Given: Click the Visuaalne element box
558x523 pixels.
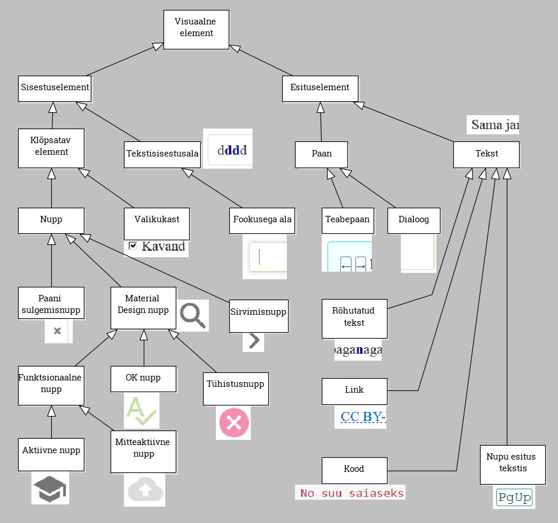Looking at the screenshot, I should (x=196, y=29).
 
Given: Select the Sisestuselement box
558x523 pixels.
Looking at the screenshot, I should (x=55, y=88).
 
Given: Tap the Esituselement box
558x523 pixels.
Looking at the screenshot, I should (x=319, y=88).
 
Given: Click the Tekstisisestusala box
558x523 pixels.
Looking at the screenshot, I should (x=162, y=154).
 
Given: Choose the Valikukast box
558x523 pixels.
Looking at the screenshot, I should (x=157, y=220).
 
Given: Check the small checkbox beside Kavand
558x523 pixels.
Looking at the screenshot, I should (x=133, y=246).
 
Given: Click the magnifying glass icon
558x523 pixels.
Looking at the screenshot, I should (x=193, y=316).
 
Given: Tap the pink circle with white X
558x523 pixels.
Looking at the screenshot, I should (x=234, y=423).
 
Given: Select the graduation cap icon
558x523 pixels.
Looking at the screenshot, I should (x=50, y=488).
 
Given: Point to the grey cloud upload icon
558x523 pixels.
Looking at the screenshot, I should (x=144, y=490).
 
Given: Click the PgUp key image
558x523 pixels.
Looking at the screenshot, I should (x=514, y=498).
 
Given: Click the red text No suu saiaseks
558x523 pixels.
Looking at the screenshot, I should (x=351, y=493).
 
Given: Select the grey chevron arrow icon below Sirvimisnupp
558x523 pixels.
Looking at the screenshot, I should (x=253, y=341).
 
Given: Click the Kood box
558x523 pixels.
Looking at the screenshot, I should (x=354, y=470).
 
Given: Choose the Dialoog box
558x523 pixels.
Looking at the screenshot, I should (x=413, y=220).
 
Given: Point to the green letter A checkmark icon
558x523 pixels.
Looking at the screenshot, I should (x=140, y=411).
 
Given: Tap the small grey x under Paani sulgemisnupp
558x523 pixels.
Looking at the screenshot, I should (x=57, y=331).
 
